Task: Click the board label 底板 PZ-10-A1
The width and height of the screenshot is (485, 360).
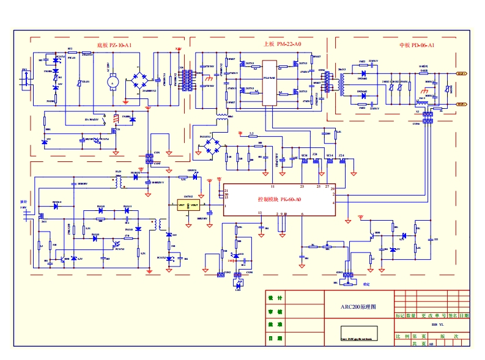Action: pyautogui.click(x=114, y=45)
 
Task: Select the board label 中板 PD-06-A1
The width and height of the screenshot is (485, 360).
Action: pyautogui.click(x=417, y=45)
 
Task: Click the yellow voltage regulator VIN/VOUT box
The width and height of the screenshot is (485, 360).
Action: pyautogui.click(x=188, y=206)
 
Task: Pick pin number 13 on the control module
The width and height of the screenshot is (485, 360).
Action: pyautogui.click(x=260, y=213)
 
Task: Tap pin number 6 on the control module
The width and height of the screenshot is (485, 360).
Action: pyautogui.click(x=302, y=213)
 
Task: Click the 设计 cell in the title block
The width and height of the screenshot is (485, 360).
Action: pyautogui.click(x=275, y=298)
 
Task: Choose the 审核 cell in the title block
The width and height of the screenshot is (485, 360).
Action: pyautogui.click(x=275, y=311)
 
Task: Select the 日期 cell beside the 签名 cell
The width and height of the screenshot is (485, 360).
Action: pyautogui.click(x=465, y=316)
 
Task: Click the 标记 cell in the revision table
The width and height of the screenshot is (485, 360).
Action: pyautogui.click(x=400, y=316)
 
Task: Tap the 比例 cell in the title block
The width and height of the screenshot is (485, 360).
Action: pyautogui.click(x=402, y=336)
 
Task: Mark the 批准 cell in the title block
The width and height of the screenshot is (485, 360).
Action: pyautogui.click(x=275, y=325)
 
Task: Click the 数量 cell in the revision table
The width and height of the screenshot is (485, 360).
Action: pyautogui.click(x=412, y=316)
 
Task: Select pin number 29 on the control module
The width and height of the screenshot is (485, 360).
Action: pyautogui.click(x=334, y=189)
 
